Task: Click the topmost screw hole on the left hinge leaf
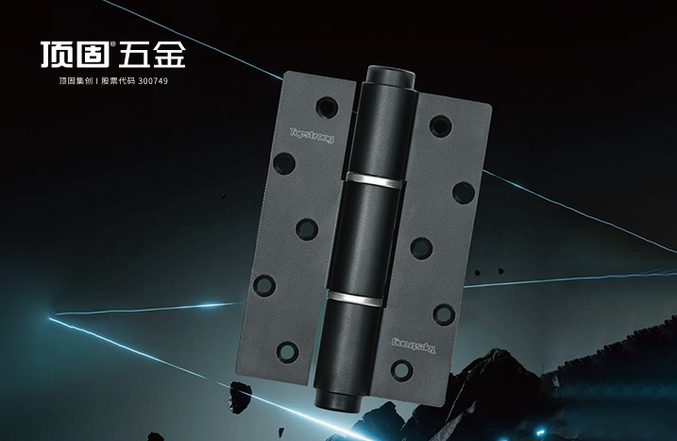tap(327, 107)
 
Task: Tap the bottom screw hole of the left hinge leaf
tap(288, 351)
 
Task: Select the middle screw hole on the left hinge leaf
tap(307, 229)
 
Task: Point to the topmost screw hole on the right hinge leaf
tap(440, 127)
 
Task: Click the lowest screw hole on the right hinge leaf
tap(402, 370)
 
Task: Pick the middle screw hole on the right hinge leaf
tap(421, 248)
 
